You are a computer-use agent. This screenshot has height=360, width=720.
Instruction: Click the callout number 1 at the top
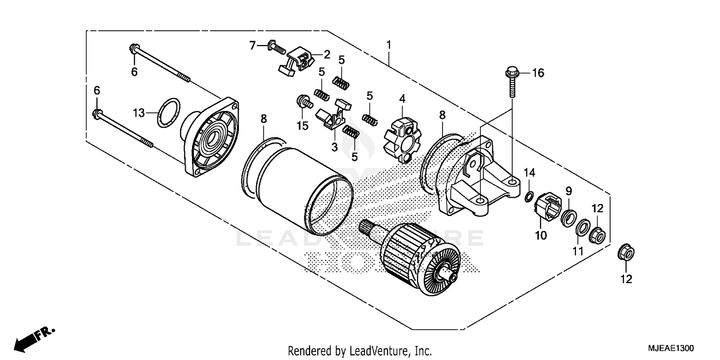[x=389, y=45]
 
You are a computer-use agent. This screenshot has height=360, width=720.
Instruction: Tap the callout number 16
[x=538, y=73]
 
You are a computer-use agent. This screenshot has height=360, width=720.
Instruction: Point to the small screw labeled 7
[x=276, y=47]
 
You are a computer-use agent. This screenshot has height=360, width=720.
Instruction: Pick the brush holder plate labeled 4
[x=402, y=139]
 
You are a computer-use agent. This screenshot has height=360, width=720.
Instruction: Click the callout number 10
[x=540, y=236]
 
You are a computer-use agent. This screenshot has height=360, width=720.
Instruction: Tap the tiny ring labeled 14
[x=528, y=195]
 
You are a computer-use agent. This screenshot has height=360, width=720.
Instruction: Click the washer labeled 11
[x=582, y=228]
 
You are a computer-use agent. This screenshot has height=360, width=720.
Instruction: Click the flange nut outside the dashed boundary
[x=626, y=252]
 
